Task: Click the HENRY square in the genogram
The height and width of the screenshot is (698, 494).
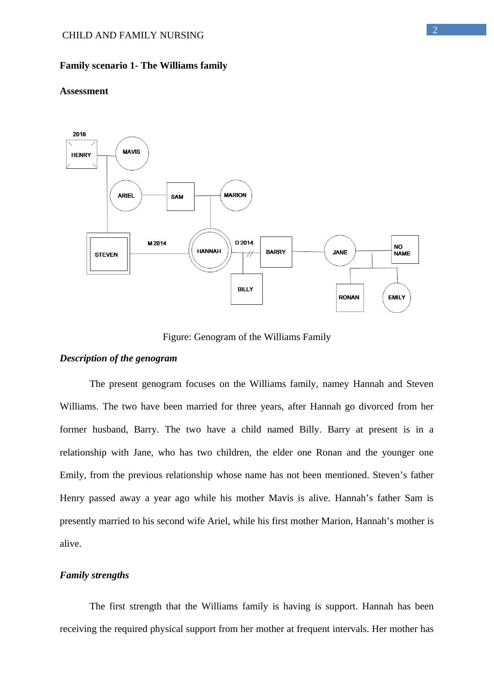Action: (x=81, y=154)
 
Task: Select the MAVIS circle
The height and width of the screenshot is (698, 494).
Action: (x=132, y=153)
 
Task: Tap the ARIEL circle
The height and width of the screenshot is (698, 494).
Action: (x=126, y=196)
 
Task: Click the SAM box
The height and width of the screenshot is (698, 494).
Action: (x=180, y=196)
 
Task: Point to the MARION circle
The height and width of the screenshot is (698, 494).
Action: (x=235, y=195)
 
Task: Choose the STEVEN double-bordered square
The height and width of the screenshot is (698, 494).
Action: (x=108, y=254)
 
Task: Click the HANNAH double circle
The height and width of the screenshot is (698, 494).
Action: (x=209, y=251)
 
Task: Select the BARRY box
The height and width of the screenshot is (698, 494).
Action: (x=276, y=252)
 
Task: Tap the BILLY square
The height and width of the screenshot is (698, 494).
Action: (x=247, y=289)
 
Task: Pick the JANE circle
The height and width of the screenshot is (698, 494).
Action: (x=340, y=252)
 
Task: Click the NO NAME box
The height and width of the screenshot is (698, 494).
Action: (x=404, y=250)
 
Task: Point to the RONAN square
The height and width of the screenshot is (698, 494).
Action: (x=349, y=297)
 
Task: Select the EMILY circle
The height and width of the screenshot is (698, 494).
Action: (x=397, y=297)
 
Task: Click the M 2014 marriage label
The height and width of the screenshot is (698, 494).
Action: (x=157, y=243)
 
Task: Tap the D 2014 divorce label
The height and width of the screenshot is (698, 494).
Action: (x=244, y=243)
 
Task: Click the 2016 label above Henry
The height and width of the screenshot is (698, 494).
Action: (x=79, y=134)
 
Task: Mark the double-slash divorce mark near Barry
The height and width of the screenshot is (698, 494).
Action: (x=250, y=253)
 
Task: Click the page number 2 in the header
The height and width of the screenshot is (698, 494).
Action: (x=435, y=30)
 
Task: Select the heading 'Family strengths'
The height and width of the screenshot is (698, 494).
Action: (x=94, y=575)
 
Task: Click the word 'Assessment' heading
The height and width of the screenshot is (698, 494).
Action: (x=84, y=91)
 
